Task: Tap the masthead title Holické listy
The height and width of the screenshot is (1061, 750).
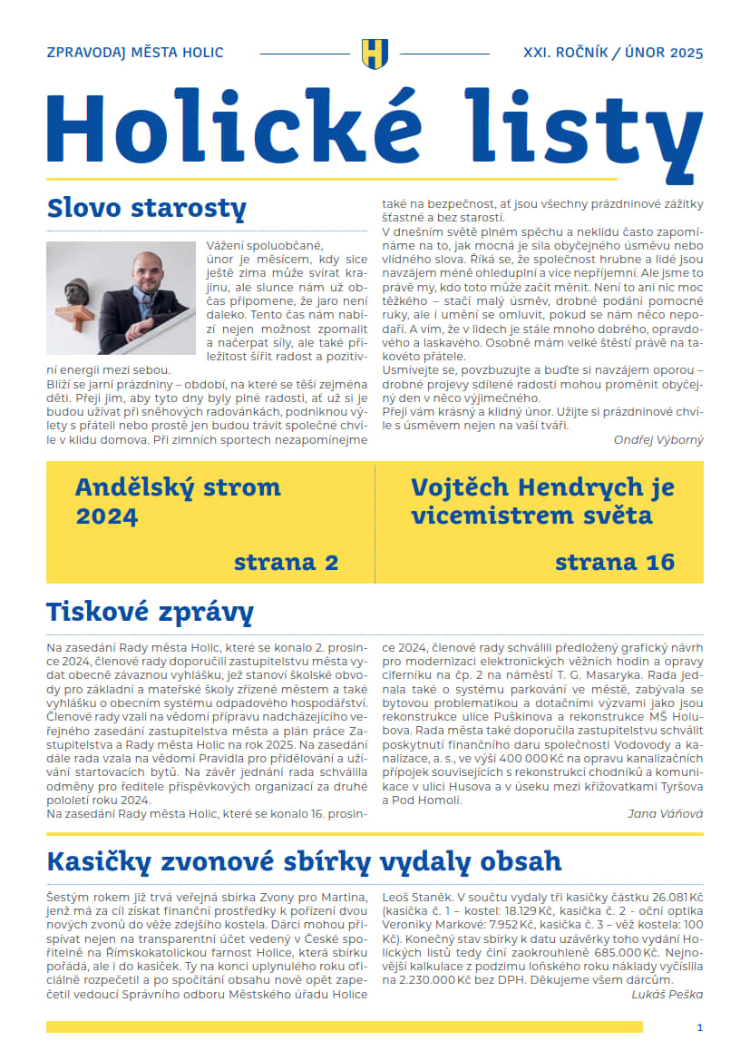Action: pos(374,124)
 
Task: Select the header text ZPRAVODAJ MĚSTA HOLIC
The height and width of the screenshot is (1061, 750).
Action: pos(134,53)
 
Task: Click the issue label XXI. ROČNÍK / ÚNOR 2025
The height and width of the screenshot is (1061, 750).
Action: pos(613,53)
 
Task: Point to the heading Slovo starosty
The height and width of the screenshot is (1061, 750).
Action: pos(146,208)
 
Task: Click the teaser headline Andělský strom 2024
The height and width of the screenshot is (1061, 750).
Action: pos(150,501)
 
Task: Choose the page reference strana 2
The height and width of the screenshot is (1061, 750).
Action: pos(286,562)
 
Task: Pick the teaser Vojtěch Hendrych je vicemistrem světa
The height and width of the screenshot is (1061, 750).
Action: pos(542,501)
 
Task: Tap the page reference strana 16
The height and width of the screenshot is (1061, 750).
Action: pos(615,562)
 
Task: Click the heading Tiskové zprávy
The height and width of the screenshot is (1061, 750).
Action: pos(149,613)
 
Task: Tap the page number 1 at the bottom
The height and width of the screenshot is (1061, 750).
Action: pos(699,1027)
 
